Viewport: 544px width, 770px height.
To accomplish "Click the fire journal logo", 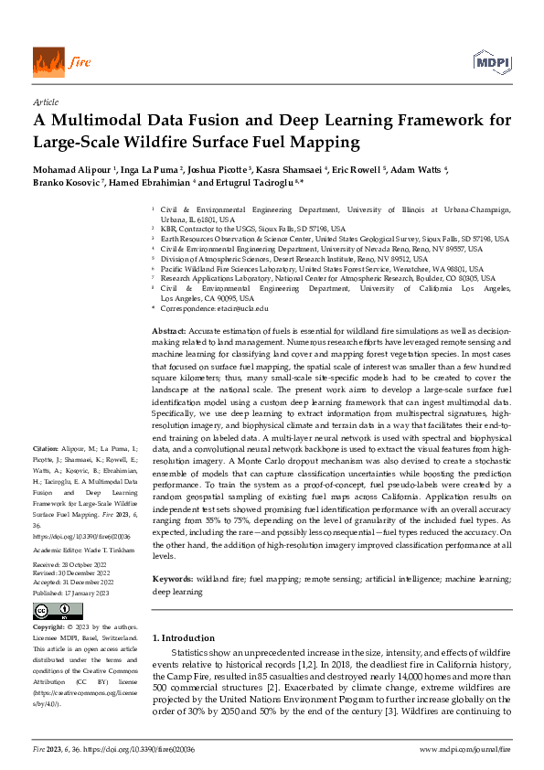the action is click(54, 60).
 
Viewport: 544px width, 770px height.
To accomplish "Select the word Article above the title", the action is click(45, 102).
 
